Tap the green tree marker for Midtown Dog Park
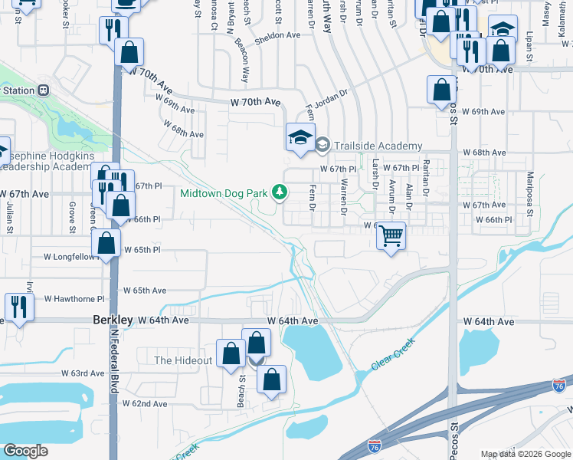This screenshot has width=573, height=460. (281, 192)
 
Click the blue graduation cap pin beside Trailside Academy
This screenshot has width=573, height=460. (301, 138)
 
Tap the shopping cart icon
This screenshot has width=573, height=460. (391, 235)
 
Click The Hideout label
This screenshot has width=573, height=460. (183, 360)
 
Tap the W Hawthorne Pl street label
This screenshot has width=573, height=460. (74, 298)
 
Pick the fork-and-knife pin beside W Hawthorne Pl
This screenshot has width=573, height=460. (18, 307)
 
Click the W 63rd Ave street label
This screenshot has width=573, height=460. (83, 373)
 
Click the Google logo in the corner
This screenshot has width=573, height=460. (25, 451)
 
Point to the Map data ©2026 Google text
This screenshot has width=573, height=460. (525, 454)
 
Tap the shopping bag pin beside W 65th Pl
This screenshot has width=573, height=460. (106, 244)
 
